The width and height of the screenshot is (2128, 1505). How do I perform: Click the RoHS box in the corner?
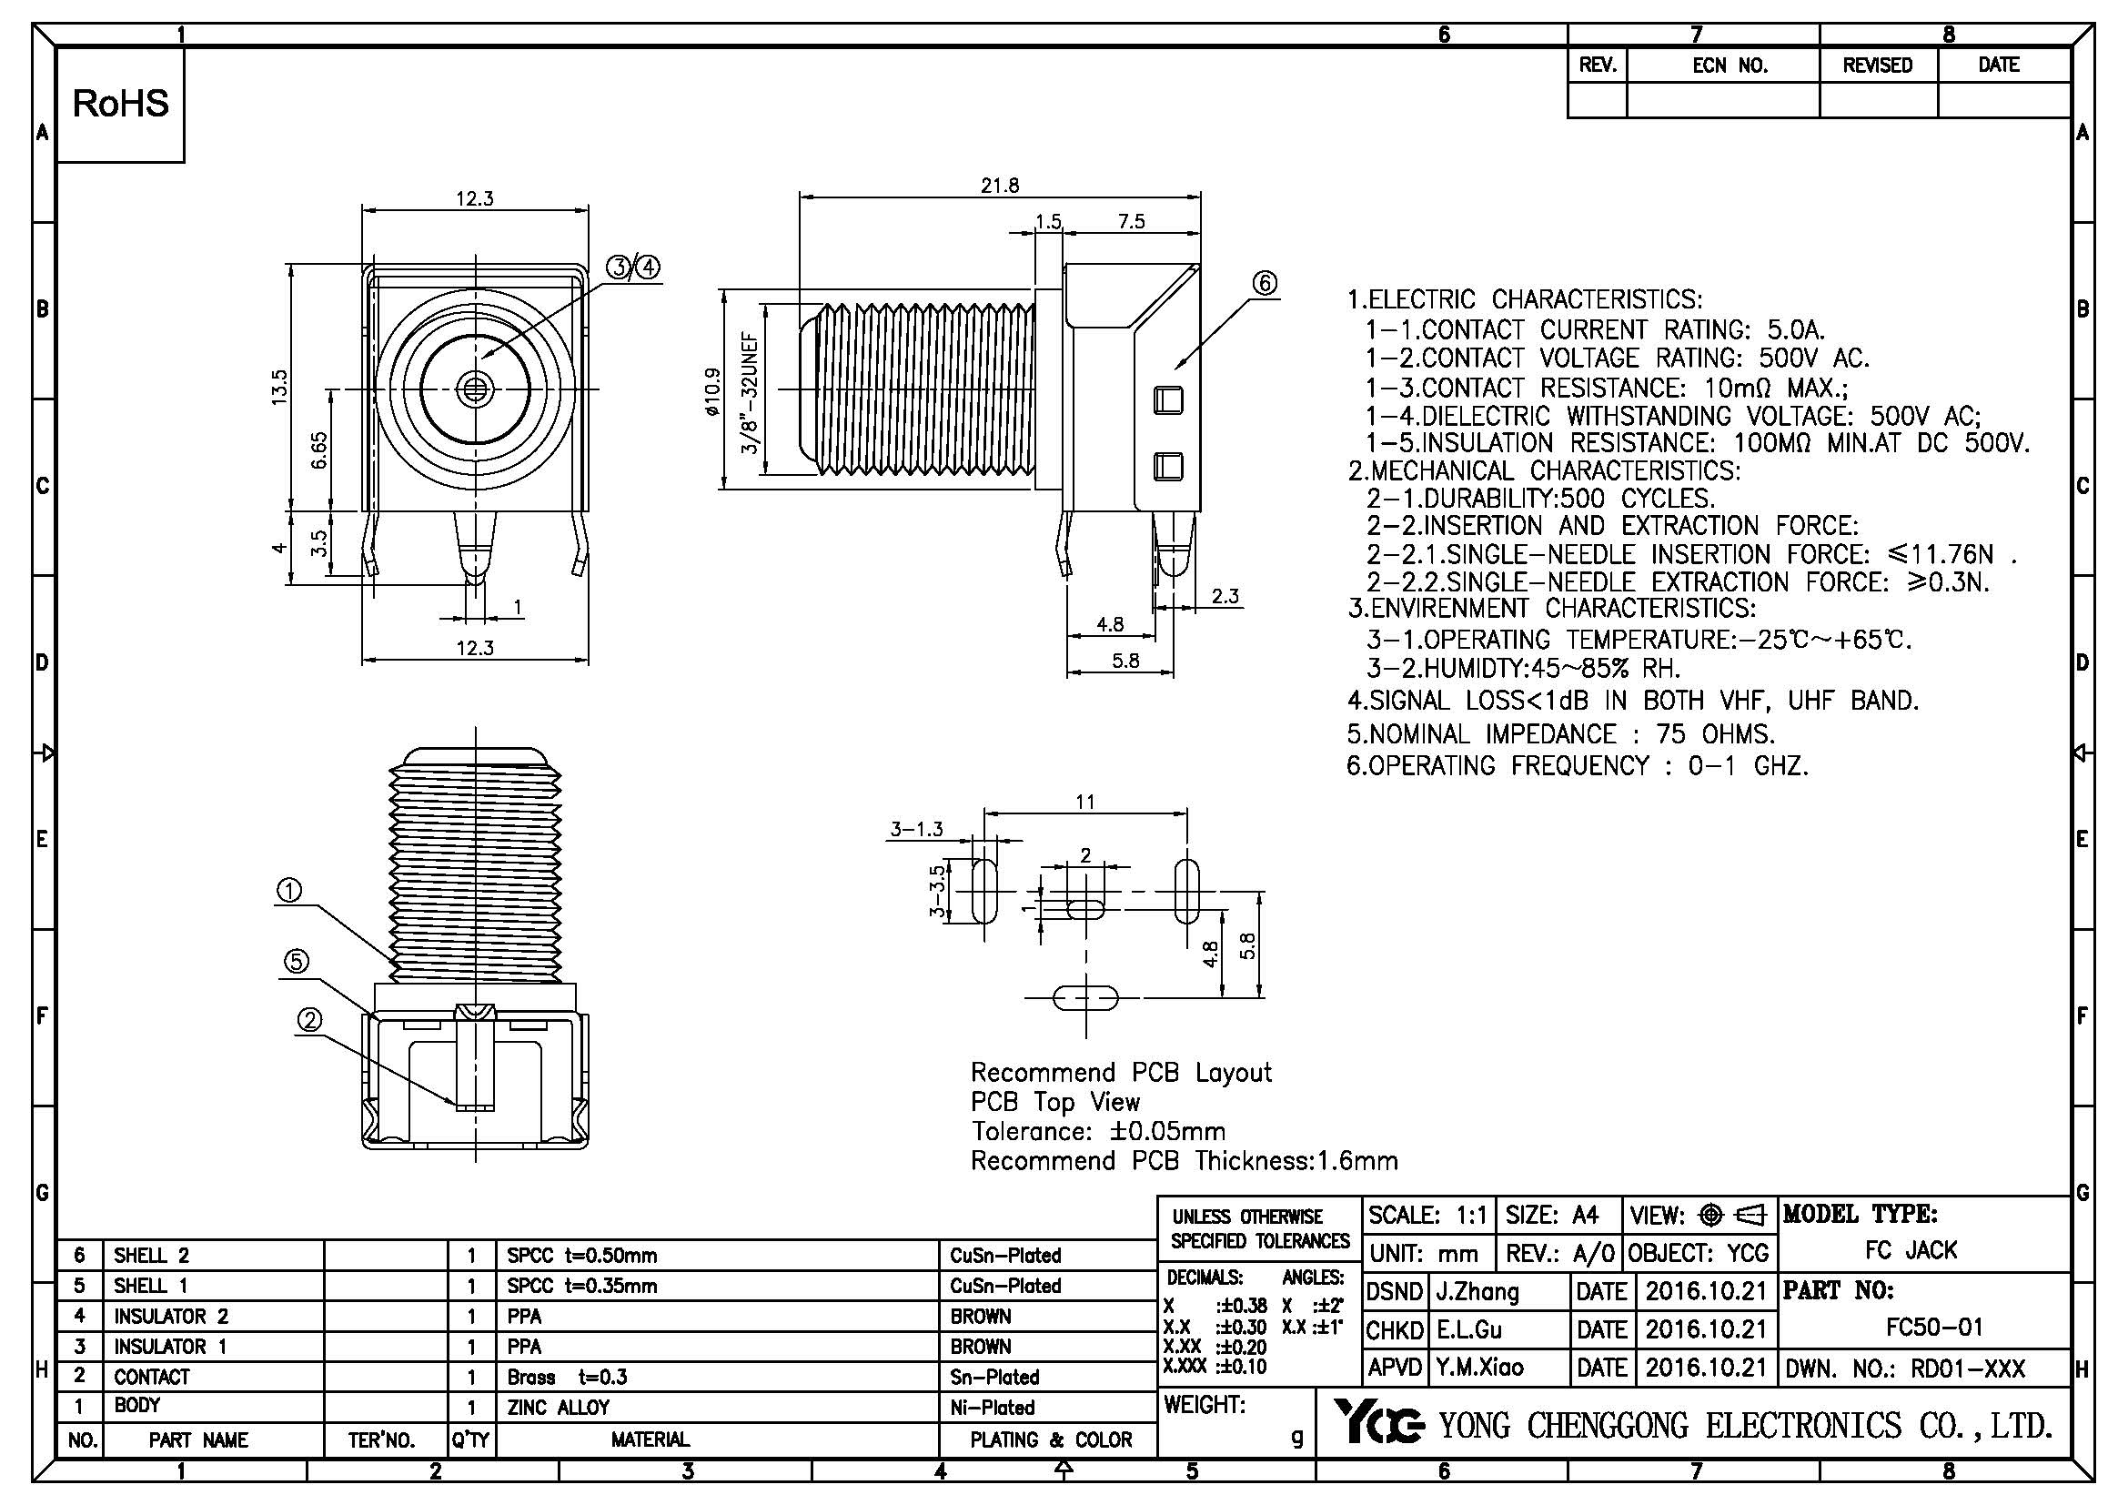coord(120,104)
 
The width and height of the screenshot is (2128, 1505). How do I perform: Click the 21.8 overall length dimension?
coord(999,186)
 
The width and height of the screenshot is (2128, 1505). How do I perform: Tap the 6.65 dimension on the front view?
coord(318,450)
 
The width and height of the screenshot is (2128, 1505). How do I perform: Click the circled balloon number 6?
coord(1266,283)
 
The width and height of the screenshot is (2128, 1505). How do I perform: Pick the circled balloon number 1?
coord(289,892)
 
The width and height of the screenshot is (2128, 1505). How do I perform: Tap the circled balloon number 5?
coord(296,962)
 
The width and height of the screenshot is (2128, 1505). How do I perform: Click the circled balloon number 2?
coord(309,1020)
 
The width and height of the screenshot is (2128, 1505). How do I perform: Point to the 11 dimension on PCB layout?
coord(1084,802)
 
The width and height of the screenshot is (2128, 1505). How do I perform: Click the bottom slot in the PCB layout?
coord(1084,998)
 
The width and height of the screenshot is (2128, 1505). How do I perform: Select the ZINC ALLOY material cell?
coord(558,1407)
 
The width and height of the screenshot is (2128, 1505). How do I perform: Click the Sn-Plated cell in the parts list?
coord(994,1377)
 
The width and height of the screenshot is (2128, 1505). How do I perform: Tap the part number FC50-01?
coord(1934,1327)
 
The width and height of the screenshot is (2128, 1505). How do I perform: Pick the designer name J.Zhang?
coord(1477,1291)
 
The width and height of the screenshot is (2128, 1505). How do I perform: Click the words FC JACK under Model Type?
coord(1911,1250)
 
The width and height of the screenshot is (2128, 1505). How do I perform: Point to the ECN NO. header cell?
coord(1730,66)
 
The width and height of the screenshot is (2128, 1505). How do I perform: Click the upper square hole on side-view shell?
coord(1168,400)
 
